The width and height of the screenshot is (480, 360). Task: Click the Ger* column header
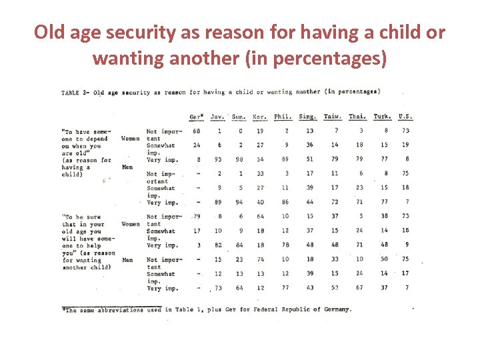coord(196,117)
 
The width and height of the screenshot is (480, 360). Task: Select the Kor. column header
coord(259,117)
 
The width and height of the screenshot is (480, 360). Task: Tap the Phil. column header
coord(283,117)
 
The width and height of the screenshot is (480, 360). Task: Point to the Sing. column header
coord(307,117)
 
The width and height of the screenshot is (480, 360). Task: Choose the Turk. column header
coord(382,117)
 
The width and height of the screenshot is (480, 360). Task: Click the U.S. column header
coord(405,117)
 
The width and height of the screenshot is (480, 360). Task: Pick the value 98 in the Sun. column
coord(239,159)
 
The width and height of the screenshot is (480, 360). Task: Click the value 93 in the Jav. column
coord(217,159)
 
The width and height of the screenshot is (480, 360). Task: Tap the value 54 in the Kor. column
coord(260,159)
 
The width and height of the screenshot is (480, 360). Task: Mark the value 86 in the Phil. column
coord(285,202)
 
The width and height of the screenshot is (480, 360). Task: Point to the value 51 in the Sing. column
coord(309,159)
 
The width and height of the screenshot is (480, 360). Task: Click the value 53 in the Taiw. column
coord(334,288)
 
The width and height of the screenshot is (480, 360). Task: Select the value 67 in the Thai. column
coord(359,288)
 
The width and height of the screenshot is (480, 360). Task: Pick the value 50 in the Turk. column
coord(384,259)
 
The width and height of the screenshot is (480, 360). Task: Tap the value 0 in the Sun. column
coord(240,131)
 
